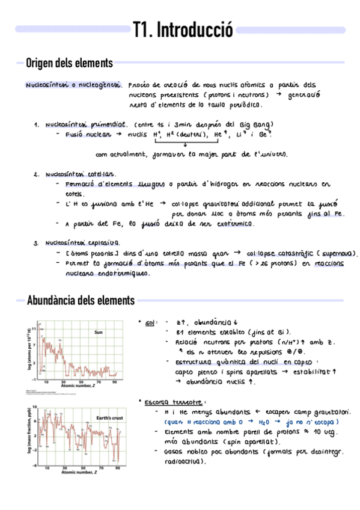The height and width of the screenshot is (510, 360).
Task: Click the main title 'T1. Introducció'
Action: [x=183, y=30]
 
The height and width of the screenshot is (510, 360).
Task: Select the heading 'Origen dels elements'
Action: [x=69, y=63]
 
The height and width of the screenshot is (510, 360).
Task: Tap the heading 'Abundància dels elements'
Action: [x=81, y=300]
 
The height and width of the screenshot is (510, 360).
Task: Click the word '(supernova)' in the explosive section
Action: [x=336, y=253]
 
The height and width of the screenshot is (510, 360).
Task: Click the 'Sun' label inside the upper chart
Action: [x=100, y=332]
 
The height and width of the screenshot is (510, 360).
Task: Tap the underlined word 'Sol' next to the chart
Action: [x=150, y=323]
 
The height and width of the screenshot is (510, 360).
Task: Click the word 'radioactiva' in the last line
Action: [x=184, y=462]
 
